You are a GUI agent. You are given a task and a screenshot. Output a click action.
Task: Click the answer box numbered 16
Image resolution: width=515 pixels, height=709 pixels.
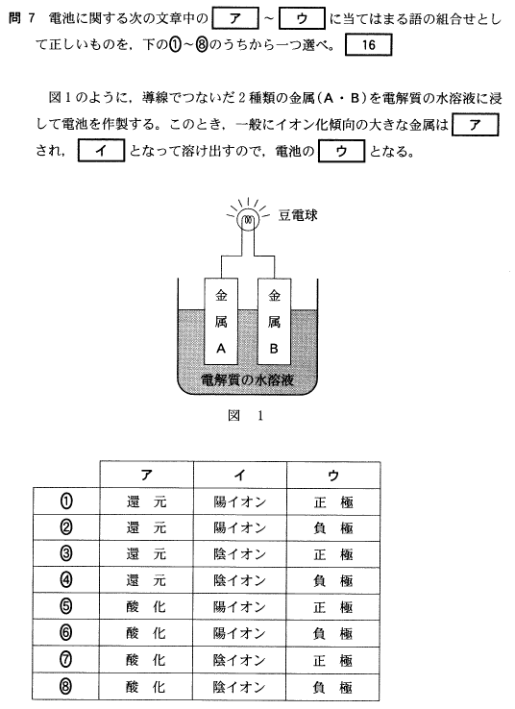(x=369, y=45)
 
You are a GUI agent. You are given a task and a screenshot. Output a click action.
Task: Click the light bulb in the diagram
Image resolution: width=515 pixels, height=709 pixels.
(x=248, y=220)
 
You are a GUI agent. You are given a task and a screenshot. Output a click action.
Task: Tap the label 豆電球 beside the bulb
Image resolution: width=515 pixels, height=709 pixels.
(x=298, y=215)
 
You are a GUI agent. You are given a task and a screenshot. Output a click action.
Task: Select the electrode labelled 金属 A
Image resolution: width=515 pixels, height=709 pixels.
(x=221, y=321)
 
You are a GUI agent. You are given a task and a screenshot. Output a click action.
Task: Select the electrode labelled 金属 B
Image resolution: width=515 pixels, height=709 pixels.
(x=274, y=321)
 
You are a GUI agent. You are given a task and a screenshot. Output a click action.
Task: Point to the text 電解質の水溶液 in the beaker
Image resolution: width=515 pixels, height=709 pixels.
(x=247, y=379)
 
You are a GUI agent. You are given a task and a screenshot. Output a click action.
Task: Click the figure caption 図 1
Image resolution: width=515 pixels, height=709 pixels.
(x=246, y=416)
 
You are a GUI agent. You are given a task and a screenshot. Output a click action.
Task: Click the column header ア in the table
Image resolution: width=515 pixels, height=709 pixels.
(x=146, y=475)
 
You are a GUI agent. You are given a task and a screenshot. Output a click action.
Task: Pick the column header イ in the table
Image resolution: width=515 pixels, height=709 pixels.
(x=240, y=475)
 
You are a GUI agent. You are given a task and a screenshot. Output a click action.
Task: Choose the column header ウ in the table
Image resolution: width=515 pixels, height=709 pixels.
(x=333, y=475)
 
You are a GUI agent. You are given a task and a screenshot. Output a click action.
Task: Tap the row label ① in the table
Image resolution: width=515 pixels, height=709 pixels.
(x=66, y=501)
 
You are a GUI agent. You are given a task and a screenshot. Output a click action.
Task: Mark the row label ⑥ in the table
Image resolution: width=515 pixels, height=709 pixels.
(x=66, y=632)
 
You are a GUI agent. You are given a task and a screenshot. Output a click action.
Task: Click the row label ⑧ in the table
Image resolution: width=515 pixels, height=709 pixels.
(x=66, y=686)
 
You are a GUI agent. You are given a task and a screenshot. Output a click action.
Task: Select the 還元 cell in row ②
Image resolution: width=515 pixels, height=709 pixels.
(x=146, y=527)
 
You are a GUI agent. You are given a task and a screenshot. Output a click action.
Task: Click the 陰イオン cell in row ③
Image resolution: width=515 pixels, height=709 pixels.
(x=240, y=554)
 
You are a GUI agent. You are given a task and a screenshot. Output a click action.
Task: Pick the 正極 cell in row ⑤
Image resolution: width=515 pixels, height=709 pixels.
(x=333, y=607)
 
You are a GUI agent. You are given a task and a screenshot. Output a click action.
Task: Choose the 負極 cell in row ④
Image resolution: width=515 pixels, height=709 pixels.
(x=333, y=580)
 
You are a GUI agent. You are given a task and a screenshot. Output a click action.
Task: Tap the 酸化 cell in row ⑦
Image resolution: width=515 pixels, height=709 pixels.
(x=146, y=660)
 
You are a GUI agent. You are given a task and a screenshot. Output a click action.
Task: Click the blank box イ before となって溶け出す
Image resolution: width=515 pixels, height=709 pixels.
(x=101, y=151)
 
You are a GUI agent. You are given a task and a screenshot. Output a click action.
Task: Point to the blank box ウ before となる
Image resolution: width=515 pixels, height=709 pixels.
(x=341, y=151)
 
